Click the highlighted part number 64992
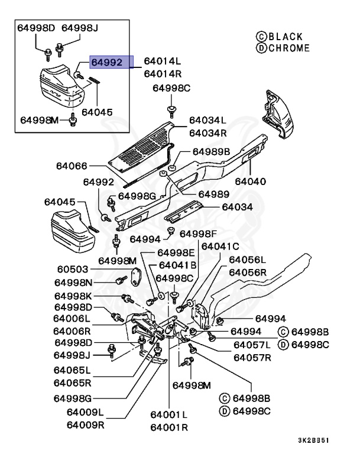pos(106,61)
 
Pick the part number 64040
pos(250,181)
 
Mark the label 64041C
pos(220,245)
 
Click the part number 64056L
pos(248,260)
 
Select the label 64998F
pos(199,234)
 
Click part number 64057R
pos(252,357)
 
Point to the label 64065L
pos(72,371)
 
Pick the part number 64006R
pos(72,330)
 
